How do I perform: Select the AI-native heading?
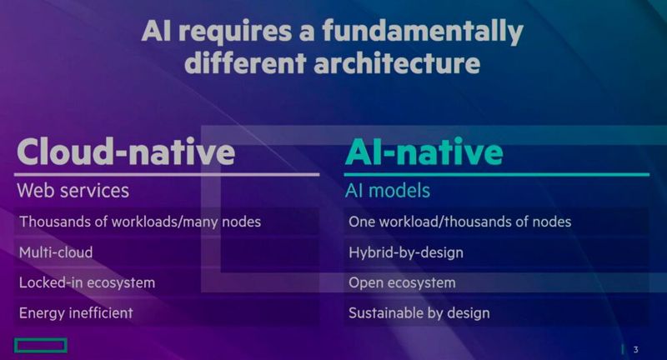pyautogui.click(x=424, y=152)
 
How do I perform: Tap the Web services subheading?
pyautogui.click(x=73, y=190)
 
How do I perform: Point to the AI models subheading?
pyautogui.click(x=388, y=191)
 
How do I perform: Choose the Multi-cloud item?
pyautogui.click(x=56, y=252)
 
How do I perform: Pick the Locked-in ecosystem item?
pyautogui.click(x=87, y=282)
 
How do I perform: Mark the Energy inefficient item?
pyautogui.click(x=76, y=313)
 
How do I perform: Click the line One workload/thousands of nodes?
pyautogui.click(x=459, y=222)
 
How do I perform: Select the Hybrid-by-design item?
pyautogui.click(x=405, y=252)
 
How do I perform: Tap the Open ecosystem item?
pyautogui.click(x=402, y=282)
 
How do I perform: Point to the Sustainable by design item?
pyautogui.click(x=419, y=313)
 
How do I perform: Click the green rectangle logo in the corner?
pyautogui.click(x=40, y=345)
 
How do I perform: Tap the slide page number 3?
pyautogui.click(x=635, y=349)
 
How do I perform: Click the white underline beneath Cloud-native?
pyautogui.click(x=167, y=174)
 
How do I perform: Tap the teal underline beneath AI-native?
pyautogui.click(x=497, y=174)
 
